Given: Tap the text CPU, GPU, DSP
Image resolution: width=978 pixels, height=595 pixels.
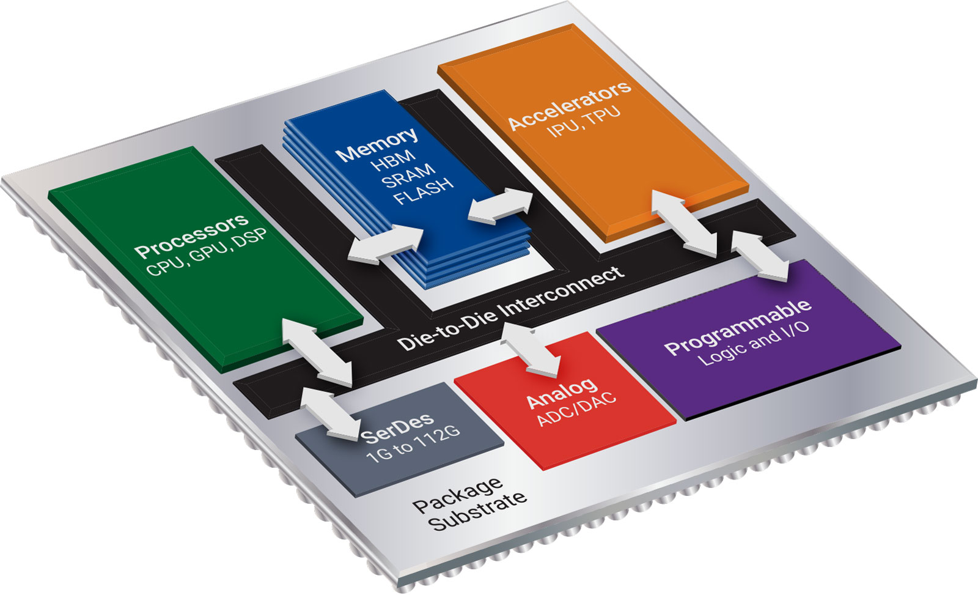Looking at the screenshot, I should [207, 254].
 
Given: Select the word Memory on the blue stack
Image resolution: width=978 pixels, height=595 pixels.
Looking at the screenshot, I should [377, 145].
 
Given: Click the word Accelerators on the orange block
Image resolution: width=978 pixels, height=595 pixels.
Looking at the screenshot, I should [569, 105].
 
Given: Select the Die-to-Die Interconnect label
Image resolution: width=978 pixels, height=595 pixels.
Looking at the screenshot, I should [511, 308].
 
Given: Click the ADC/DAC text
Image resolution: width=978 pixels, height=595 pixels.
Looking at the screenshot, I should [576, 410].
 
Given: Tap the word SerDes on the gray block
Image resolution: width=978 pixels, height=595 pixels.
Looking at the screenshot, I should [398, 427].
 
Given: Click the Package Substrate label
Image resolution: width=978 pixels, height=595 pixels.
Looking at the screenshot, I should [469, 506].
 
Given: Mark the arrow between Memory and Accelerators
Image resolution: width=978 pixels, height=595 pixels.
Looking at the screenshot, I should [500, 205].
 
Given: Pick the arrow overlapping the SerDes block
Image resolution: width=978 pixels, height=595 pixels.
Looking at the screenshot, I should [330, 415].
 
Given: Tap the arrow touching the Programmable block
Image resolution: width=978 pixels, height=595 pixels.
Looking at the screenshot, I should [760, 255].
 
